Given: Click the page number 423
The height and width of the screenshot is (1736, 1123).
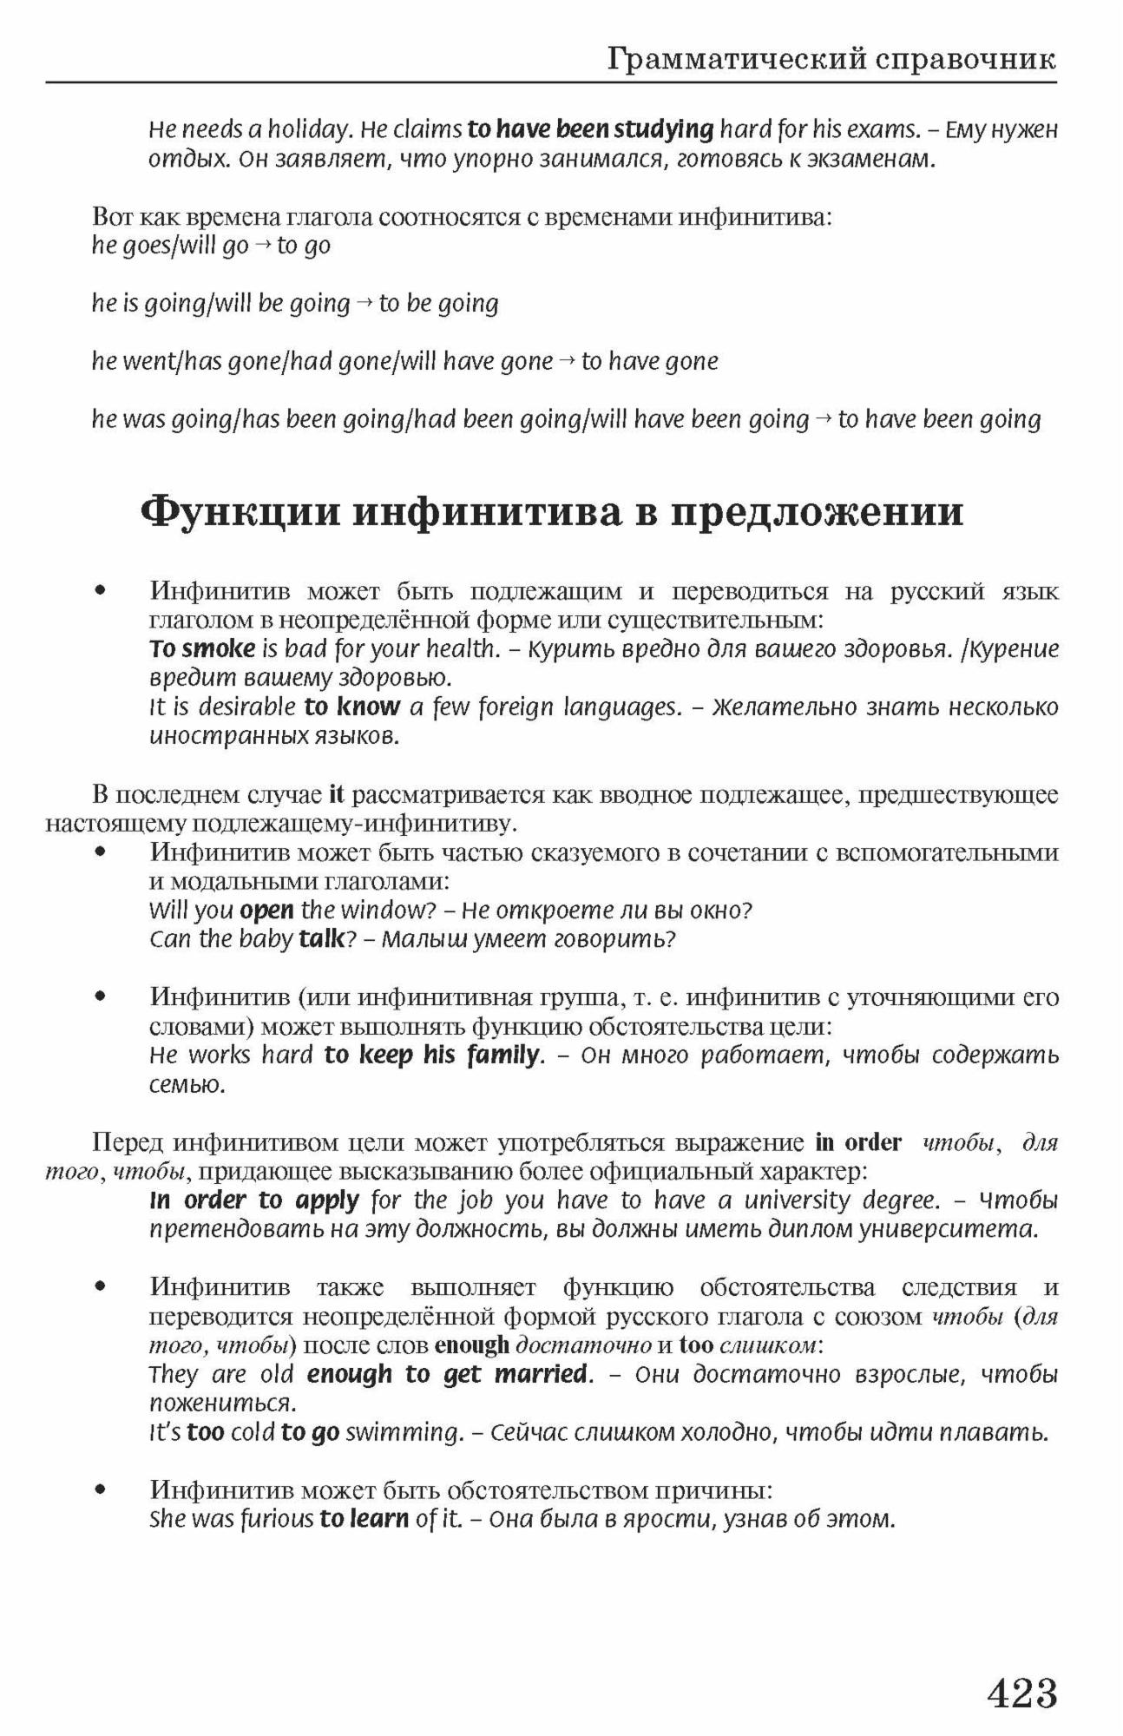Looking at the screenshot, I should (1022, 1693).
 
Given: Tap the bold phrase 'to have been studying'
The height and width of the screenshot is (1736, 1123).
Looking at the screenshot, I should (590, 130).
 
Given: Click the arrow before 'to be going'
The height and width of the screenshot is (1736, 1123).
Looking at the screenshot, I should (364, 304).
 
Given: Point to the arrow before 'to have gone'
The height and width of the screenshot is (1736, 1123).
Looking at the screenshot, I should (567, 361).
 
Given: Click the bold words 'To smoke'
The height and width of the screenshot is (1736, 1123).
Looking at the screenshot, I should (202, 649).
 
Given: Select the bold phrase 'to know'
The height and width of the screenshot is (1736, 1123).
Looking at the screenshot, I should (351, 707).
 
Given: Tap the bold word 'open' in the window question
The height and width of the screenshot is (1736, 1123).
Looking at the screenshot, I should (266, 911).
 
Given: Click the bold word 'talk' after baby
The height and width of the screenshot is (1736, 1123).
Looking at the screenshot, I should (321, 939).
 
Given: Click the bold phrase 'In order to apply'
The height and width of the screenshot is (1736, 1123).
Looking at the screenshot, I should (254, 1200).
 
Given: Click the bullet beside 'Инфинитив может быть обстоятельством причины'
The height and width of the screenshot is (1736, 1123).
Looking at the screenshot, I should (102, 1490).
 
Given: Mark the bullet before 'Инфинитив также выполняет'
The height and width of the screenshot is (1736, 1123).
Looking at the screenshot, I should (102, 1286).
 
